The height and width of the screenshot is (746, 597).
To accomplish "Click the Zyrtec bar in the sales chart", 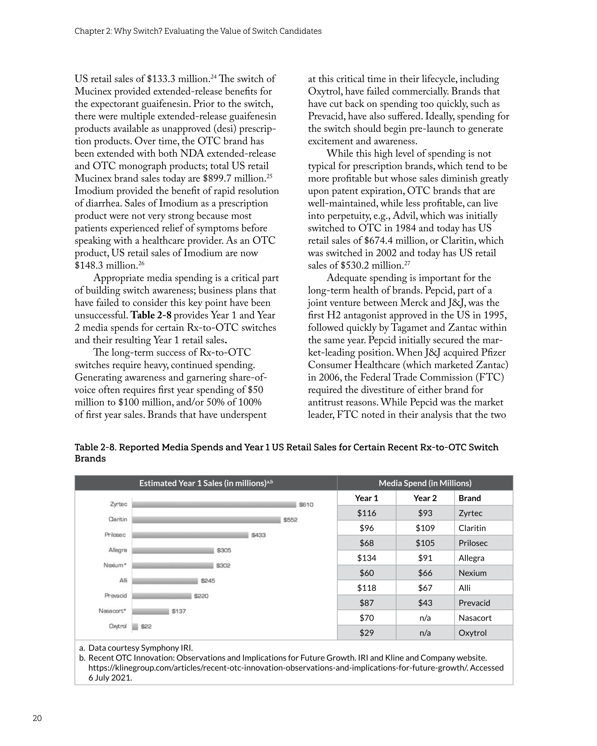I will [214, 504].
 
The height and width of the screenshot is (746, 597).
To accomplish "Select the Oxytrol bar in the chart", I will [135, 626].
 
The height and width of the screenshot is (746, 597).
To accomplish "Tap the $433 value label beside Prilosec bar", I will [258, 535].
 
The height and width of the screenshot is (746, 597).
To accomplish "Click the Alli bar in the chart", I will [165, 581].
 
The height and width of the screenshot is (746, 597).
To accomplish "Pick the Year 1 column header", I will [366, 498].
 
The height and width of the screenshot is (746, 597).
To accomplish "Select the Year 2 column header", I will [425, 498].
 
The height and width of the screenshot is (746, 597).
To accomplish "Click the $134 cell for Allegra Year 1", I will [366, 558].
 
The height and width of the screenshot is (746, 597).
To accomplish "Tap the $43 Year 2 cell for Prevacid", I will [425, 603].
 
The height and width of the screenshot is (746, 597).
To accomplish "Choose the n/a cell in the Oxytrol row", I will [425, 632].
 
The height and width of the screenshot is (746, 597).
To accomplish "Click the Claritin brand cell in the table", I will [472, 528].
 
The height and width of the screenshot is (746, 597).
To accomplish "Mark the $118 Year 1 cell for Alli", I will [366, 588].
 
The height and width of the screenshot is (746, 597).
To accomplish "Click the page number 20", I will [37, 718].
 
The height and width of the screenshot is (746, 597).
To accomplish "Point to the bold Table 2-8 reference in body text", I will [151, 315].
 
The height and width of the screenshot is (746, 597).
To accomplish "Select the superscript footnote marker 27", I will [407, 264].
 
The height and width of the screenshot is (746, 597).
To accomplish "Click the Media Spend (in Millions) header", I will [425, 483].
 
